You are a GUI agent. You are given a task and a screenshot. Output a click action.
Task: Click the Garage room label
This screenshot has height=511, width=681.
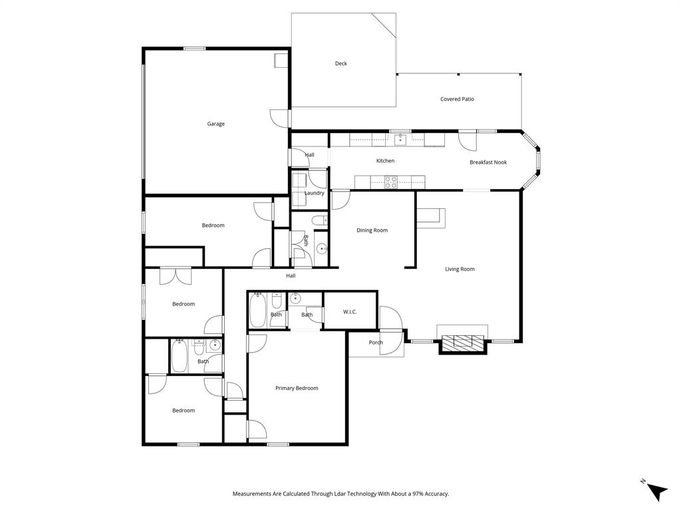point(215,124)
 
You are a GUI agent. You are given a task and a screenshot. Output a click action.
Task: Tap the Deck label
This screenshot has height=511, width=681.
point(340,64)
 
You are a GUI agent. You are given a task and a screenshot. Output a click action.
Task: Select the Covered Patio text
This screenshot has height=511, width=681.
point(457,99)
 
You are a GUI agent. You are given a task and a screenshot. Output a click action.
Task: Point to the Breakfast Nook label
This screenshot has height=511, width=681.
point(487,162)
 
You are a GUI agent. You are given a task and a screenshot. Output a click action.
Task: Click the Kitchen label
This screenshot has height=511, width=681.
point(385,161)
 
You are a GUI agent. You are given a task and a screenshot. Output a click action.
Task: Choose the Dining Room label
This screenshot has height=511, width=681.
point(372,230)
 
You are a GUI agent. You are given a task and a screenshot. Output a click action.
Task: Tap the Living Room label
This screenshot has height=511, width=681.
point(460,269)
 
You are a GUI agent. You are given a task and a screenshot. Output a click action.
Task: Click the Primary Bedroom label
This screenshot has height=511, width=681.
point(297,388)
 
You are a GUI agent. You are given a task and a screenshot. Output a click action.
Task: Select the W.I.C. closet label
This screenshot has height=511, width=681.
point(350,311)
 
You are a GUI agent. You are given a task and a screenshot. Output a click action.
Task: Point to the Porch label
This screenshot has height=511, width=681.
point(376,343)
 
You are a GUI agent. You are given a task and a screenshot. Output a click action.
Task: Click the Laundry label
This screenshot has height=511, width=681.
point(315,193)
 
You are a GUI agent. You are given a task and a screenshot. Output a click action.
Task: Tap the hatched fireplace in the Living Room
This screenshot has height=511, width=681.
point(463,342)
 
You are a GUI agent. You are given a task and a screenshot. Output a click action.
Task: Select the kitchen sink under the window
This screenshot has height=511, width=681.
point(400,139)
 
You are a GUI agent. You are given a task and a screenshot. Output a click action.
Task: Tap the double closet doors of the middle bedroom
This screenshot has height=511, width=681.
point(176,275)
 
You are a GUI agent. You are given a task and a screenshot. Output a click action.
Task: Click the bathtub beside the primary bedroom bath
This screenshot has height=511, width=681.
point(258,310)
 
